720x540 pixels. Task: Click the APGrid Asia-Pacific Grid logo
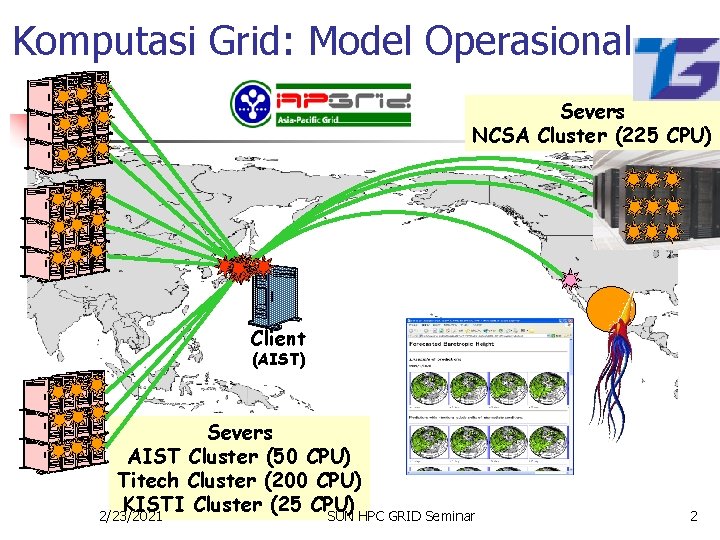(x=320, y=104)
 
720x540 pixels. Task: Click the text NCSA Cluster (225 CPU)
(x=592, y=135)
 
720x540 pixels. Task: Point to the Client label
(x=278, y=338)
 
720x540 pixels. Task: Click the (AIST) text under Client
(x=278, y=359)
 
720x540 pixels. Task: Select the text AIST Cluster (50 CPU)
(x=240, y=456)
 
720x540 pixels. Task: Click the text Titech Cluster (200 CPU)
(x=239, y=480)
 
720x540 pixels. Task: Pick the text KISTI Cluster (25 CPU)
(x=239, y=503)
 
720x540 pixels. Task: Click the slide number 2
(x=693, y=516)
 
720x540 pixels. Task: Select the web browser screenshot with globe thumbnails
(x=463, y=396)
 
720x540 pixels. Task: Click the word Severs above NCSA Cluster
(x=592, y=111)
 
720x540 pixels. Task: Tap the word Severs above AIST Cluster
(x=239, y=432)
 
